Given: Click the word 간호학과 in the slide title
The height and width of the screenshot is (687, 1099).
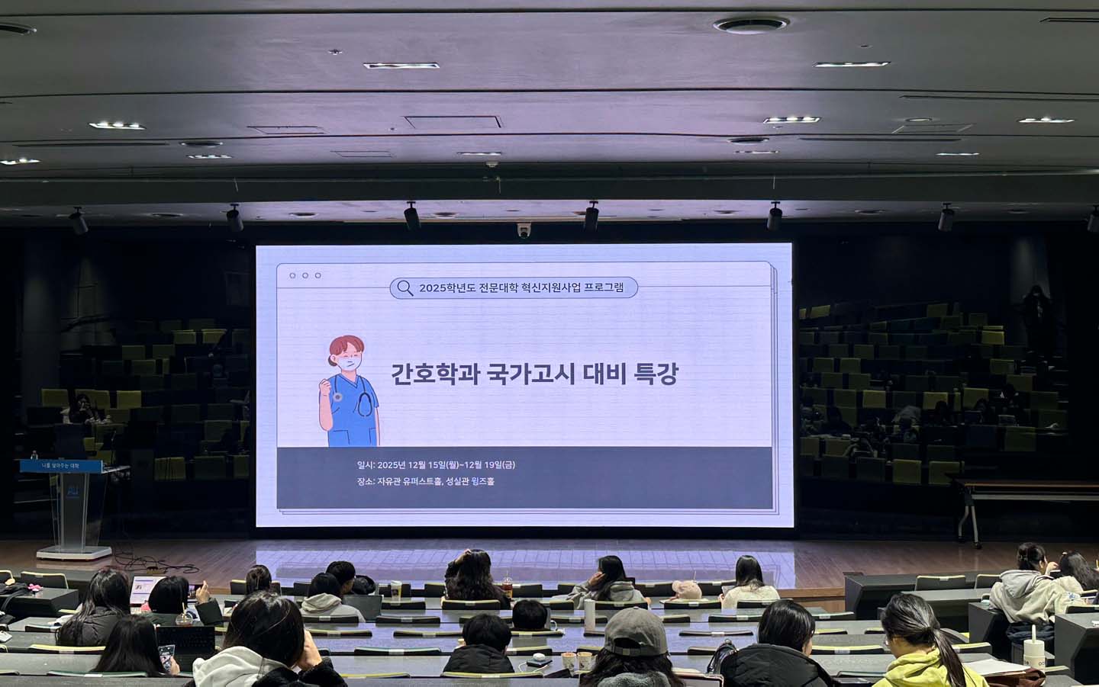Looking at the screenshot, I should coord(431,374).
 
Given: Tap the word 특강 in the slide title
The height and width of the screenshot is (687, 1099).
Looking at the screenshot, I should coord(655,374).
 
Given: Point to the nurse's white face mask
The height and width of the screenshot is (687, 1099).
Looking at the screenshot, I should coord(348,364).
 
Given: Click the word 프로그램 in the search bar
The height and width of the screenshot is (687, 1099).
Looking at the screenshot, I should coord(604,287).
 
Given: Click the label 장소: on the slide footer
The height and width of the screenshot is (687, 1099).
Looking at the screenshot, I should coord(365,481).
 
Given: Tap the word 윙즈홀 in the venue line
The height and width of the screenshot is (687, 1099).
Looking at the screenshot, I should coord(483,481).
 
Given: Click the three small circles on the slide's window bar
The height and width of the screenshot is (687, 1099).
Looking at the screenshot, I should coord(305,275).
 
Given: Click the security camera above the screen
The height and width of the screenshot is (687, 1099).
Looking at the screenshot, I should coord(524,230).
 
